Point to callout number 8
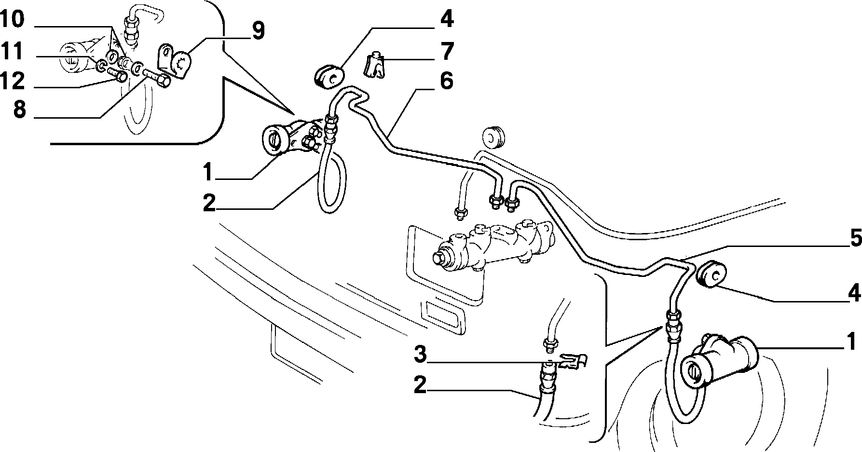19,110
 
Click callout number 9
258,32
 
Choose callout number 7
447,51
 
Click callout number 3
421,355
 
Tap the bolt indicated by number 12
117,75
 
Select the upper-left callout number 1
207,172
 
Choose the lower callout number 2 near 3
421,385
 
